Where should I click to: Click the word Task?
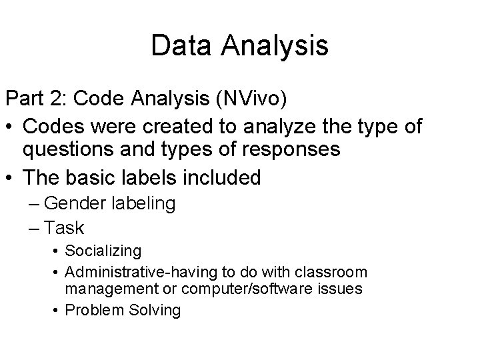[65, 228]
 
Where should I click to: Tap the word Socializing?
[103, 251]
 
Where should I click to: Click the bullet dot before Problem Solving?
[53, 311]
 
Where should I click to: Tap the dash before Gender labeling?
[35, 203]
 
